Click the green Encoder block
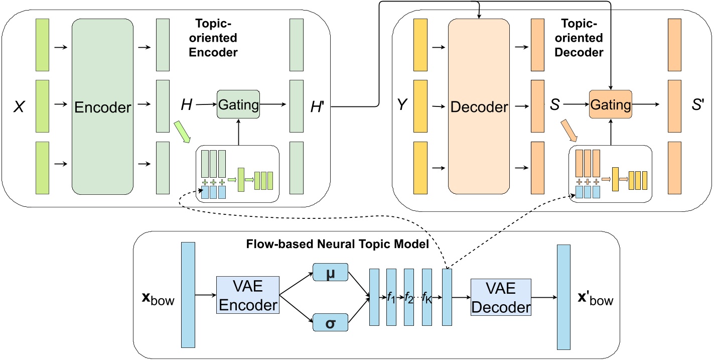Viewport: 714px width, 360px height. point(103,106)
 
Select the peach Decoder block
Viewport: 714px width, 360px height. point(479,106)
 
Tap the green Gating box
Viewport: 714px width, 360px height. point(238,105)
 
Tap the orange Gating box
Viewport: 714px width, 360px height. point(611,105)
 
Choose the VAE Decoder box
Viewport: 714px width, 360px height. point(501,297)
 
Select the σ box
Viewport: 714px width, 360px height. point(331,322)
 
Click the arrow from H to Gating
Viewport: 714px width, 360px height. point(206,105)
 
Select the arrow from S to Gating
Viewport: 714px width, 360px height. point(578,105)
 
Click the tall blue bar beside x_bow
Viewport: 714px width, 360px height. point(188,295)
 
